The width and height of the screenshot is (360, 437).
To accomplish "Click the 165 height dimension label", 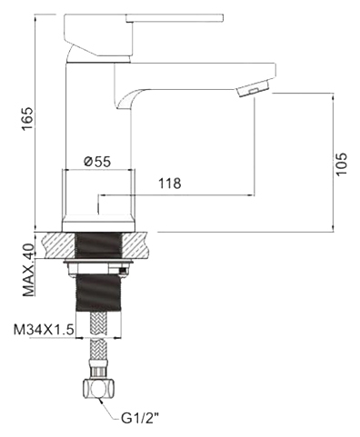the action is coord(28,119).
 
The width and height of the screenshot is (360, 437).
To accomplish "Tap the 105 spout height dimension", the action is coord(342,164).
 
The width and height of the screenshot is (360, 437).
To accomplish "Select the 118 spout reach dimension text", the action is coord(170,184).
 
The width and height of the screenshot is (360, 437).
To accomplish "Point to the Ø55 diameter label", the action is coord(97,162).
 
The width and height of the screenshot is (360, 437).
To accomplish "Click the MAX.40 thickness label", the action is coord(29,270).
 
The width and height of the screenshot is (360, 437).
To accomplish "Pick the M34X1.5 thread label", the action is coord(44,330).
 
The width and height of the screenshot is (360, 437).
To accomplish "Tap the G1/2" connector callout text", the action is coord(140,419).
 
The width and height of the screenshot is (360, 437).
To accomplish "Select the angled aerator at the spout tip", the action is coord(254,87).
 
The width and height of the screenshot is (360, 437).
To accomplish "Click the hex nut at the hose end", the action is coord(99,388).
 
